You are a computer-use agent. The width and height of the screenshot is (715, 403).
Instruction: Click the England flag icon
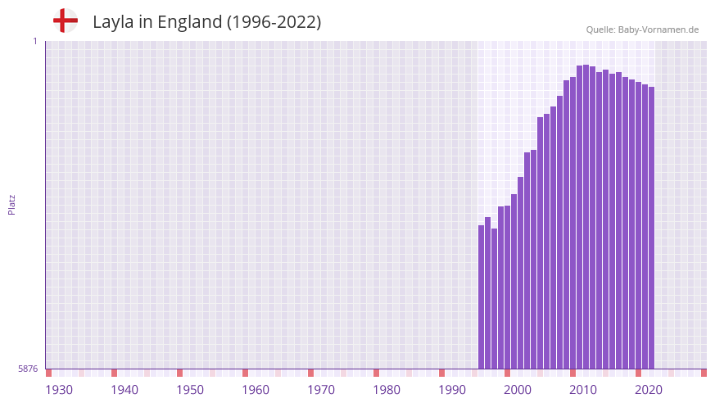(x=65, y=21)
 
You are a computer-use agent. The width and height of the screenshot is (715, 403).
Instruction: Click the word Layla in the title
(x=112, y=22)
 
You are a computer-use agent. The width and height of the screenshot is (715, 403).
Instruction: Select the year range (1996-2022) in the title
(x=274, y=22)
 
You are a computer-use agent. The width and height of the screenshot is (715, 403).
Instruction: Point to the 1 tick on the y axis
(x=34, y=41)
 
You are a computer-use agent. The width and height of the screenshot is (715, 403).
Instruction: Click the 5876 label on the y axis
(x=28, y=369)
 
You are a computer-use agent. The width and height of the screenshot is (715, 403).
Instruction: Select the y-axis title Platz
(x=11, y=204)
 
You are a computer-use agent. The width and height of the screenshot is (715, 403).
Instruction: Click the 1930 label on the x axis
(x=59, y=390)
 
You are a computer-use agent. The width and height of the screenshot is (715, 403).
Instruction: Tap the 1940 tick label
(x=124, y=390)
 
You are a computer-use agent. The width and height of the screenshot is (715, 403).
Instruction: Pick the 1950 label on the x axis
(x=190, y=390)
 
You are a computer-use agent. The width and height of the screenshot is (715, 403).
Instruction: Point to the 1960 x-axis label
(x=256, y=390)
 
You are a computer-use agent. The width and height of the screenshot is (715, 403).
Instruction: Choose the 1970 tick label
(x=321, y=390)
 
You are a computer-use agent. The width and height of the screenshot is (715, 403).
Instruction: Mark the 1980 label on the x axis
(x=387, y=390)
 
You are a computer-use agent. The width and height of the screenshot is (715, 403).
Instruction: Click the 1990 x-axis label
(x=452, y=390)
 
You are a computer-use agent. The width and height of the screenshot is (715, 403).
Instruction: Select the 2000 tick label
(x=518, y=390)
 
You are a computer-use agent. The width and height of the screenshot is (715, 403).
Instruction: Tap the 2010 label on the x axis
(x=583, y=390)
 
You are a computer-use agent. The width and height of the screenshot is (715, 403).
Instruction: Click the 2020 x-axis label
(x=649, y=390)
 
